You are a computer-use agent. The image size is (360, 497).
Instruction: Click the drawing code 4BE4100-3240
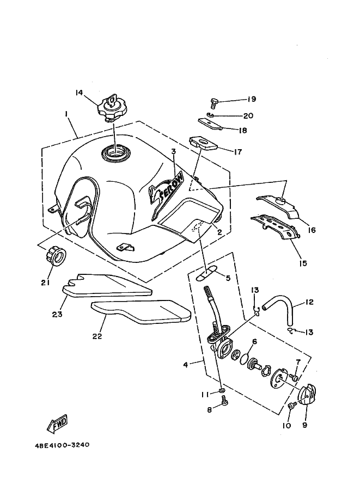62,445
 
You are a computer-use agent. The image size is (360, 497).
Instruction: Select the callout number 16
312,230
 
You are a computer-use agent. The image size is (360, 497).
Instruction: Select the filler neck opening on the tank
114,152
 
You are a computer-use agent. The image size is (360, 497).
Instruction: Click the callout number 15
303,263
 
